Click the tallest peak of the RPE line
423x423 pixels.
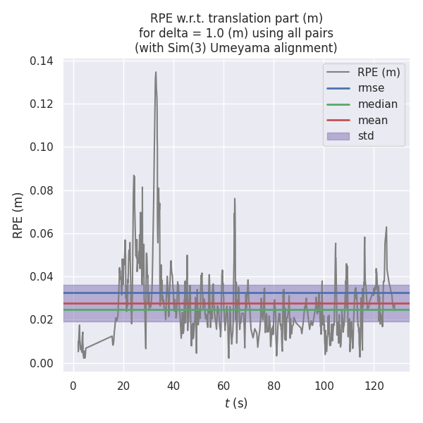[x=156, y=72]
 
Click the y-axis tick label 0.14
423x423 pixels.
[x=42, y=61]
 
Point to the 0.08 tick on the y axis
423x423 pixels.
[x=42, y=190]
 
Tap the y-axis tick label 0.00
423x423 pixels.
[x=42, y=363]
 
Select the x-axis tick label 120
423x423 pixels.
[x=374, y=386]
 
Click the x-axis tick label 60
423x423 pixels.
[x=223, y=386]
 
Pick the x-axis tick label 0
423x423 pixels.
[x=73, y=386]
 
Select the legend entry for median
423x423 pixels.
[x=377, y=104]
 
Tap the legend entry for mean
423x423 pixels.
[x=372, y=121]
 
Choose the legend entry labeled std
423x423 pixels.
[x=365, y=136]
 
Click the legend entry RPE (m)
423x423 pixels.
[x=379, y=72]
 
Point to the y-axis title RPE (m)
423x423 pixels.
[x=18, y=215]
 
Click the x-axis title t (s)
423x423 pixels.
[x=235, y=403]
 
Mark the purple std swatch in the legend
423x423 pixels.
[x=338, y=136]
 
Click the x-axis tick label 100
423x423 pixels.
[x=324, y=386]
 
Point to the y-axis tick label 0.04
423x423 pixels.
[x=42, y=276]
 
